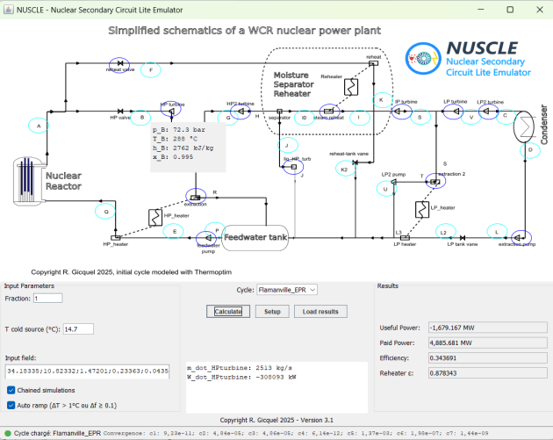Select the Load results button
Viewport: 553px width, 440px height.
pyautogui.click(x=320, y=312)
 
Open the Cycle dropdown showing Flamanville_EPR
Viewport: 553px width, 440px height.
pyautogui.click(x=286, y=289)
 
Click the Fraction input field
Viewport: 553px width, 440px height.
pyautogui.click(x=47, y=299)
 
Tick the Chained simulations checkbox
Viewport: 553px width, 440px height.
pyautogui.click(x=11, y=389)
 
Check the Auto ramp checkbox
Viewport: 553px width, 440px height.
pyautogui.click(x=11, y=405)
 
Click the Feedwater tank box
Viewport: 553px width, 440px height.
pyautogui.click(x=255, y=236)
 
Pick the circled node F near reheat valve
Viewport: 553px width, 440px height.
pyautogui.click(x=151, y=69)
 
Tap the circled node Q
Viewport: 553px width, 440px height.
pyautogui.click(x=106, y=212)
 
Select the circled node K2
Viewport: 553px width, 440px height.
pyautogui.click(x=344, y=169)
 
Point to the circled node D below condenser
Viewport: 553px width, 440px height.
pyautogui.click(x=529, y=150)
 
